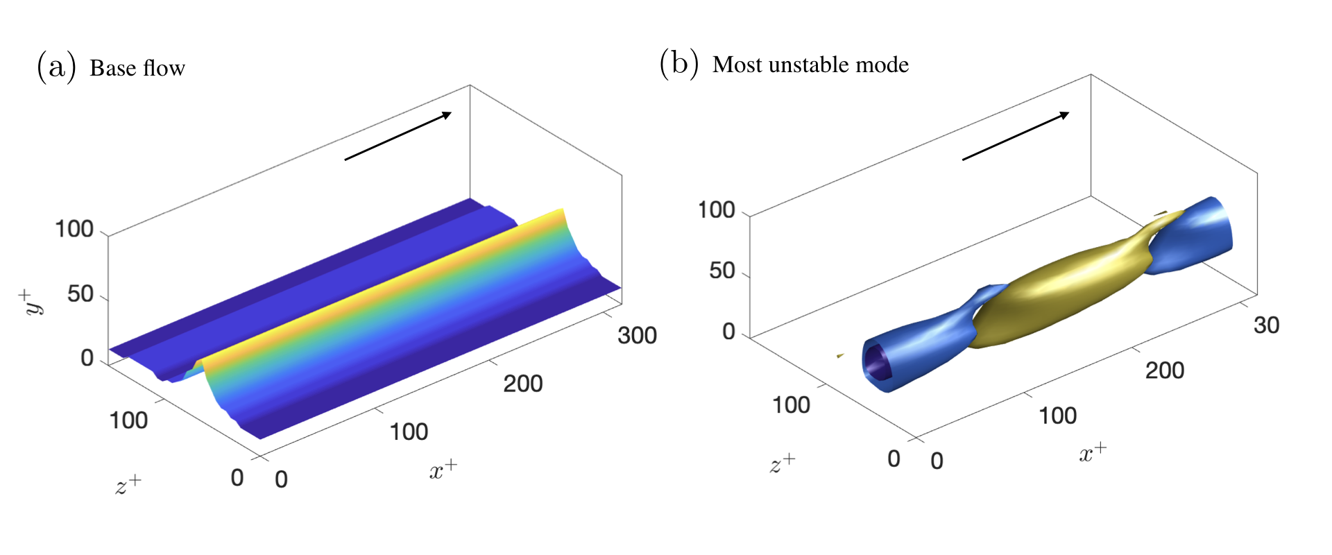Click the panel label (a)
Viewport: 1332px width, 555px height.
(56, 67)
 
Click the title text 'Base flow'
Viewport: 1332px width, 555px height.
(137, 68)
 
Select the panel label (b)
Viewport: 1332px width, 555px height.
(678, 64)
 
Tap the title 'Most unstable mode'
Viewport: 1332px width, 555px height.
(810, 65)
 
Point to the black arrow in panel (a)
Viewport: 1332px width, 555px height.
(398, 136)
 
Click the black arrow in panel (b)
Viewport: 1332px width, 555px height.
(1015, 136)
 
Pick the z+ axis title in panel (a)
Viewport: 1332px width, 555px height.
(128, 484)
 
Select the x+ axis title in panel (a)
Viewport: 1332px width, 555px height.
(443, 469)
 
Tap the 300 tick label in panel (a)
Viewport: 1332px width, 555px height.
(637, 336)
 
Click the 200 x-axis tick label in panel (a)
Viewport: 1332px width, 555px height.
(522, 384)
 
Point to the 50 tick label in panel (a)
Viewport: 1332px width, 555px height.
(80, 294)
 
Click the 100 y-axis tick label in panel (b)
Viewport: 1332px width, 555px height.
(716, 210)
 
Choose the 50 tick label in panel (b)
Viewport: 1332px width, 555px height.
(722, 271)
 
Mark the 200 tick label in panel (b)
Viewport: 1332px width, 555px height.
(1164, 370)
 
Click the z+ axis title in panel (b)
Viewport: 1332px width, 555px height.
(783, 463)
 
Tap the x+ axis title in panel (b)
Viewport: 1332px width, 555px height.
(1093, 452)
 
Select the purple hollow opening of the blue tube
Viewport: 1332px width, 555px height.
(876, 362)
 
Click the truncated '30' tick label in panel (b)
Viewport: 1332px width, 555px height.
(1266, 325)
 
